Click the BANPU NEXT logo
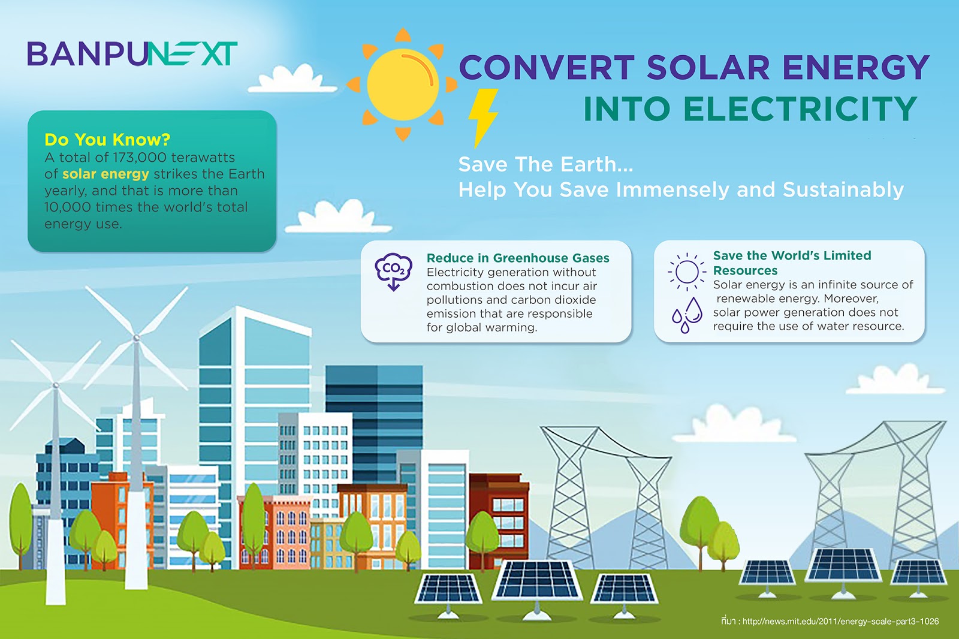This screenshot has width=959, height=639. click(x=132, y=54)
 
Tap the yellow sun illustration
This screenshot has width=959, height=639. click(x=403, y=84)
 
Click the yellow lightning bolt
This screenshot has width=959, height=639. click(x=482, y=117)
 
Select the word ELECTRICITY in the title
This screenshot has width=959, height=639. click(x=800, y=109)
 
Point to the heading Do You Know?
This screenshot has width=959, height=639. click(x=107, y=140)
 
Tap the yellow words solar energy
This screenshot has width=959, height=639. click(x=105, y=174)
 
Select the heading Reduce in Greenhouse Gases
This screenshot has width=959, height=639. click(x=518, y=258)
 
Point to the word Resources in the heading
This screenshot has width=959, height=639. click(x=745, y=270)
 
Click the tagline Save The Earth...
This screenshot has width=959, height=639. click(x=545, y=164)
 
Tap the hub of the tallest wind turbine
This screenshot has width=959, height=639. click(x=137, y=338)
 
